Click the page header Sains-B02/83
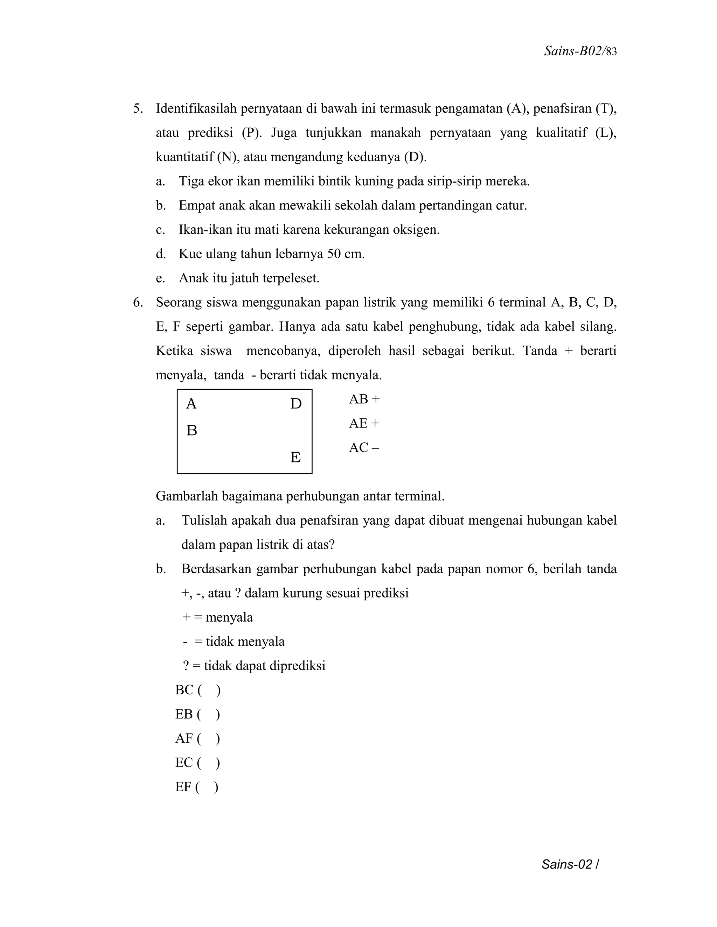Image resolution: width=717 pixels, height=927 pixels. point(580,51)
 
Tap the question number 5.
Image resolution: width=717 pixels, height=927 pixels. point(138,109)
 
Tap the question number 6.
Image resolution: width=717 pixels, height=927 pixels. point(138,303)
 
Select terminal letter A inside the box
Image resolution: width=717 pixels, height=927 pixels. point(191,404)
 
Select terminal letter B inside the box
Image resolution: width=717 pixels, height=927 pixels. point(192,430)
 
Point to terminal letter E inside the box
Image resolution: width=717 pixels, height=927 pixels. point(295,457)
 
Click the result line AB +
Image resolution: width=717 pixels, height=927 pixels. point(364,399)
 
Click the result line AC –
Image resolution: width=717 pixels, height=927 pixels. point(364,447)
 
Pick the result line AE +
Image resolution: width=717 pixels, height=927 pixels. point(364,423)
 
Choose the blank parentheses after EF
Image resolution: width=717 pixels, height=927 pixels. point(207,787)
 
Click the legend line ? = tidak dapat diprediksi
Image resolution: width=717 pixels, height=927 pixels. point(254,666)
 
